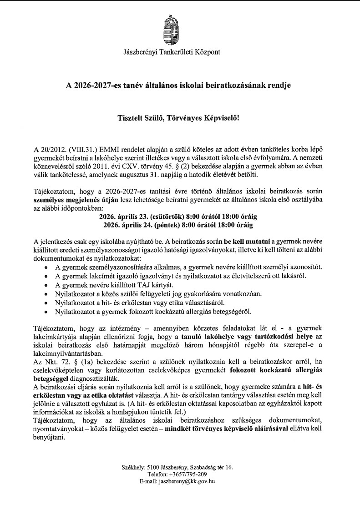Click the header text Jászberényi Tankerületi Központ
point(172,52)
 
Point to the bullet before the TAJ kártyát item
point(46,285)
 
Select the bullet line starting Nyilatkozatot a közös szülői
point(158,293)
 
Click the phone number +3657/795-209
point(188,474)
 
